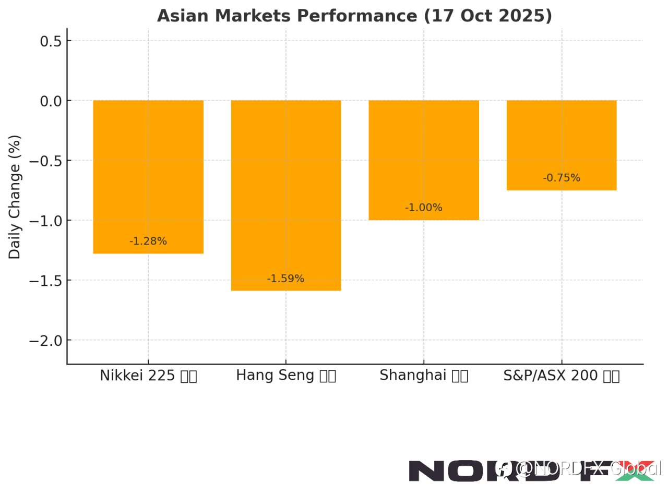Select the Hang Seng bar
click(x=286, y=195)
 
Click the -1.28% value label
click(x=148, y=242)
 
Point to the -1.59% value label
click(x=285, y=279)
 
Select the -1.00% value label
click(x=424, y=208)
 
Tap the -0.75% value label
click(x=562, y=178)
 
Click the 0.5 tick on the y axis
click(x=51, y=41)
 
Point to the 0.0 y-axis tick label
click(x=51, y=101)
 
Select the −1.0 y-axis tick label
click(x=46, y=221)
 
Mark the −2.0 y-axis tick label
click(x=46, y=341)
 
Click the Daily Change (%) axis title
click(x=15, y=197)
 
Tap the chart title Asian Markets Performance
click(x=354, y=16)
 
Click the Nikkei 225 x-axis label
click(x=148, y=376)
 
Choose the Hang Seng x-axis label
click(x=286, y=376)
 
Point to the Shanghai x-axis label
click(x=424, y=376)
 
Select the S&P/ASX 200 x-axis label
click(x=562, y=376)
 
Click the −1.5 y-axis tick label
click(x=46, y=281)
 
